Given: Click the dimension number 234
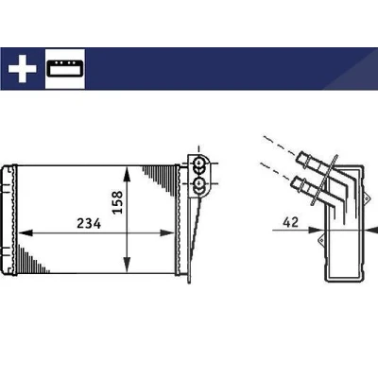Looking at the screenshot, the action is [x=89, y=224].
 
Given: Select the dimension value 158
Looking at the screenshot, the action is [x=118, y=202].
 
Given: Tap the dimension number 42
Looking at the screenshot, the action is [x=290, y=222].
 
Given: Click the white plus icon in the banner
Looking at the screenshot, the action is [x=23, y=69].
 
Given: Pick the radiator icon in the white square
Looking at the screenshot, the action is [x=65, y=68].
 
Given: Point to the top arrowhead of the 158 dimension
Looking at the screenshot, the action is [x=127, y=174].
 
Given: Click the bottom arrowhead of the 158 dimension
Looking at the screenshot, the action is [x=127, y=265].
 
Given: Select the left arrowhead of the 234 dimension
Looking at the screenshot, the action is [x=26, y=233].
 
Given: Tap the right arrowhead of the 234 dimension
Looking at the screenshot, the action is [x=166, y=233].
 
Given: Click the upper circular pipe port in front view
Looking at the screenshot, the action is [x=199, y=163].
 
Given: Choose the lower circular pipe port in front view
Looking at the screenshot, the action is [x=199, y=183].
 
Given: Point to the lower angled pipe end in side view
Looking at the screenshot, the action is [x=299, y=183].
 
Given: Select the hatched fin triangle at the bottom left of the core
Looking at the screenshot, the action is [x=32, y=259].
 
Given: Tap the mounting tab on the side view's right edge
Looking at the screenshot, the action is [x=366, y=198].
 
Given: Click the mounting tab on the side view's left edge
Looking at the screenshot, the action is [x=321, y=240].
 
